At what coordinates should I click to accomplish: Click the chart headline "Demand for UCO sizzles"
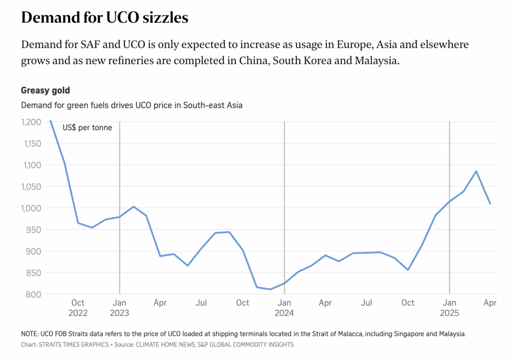pos(104,18)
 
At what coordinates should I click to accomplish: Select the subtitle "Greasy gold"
pos(45,91)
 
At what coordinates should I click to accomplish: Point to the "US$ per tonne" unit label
pos(87,128)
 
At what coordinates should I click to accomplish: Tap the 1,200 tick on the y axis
pos(31,122)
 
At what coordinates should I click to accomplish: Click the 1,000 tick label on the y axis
pos(31,208)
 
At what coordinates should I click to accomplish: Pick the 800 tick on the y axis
pos(35,294)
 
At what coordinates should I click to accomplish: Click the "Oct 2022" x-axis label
pos(78,308)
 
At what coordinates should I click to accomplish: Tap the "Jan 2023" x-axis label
pos(119,308)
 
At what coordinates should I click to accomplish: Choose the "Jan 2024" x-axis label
pos(284,308)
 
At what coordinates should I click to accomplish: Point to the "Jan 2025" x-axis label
pos(449,308)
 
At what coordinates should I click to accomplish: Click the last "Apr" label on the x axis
pos(490,303)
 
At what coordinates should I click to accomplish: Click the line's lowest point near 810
pos(270,289)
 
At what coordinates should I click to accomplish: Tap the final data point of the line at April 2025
pos(490,203)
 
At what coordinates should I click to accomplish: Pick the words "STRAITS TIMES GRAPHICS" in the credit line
pos(72,345)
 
